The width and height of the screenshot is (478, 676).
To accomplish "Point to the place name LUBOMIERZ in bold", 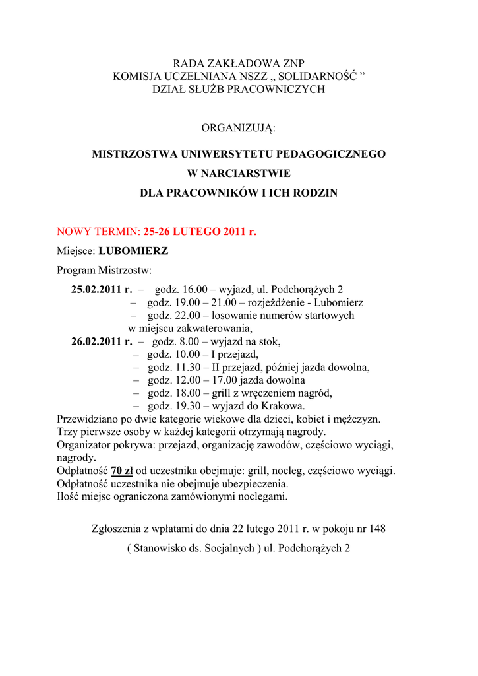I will coord(133,252).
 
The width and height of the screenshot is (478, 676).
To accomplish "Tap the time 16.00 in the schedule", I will coord(194,290).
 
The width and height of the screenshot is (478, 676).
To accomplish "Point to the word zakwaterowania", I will coord(216,328).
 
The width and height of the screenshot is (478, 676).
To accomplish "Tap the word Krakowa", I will coord(283,406).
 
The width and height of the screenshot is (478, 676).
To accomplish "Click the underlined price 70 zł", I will coord(122,471).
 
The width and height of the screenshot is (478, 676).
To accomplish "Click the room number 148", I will coord(376,529).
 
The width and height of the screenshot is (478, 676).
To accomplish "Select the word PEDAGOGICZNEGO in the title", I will coord(333,154).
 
